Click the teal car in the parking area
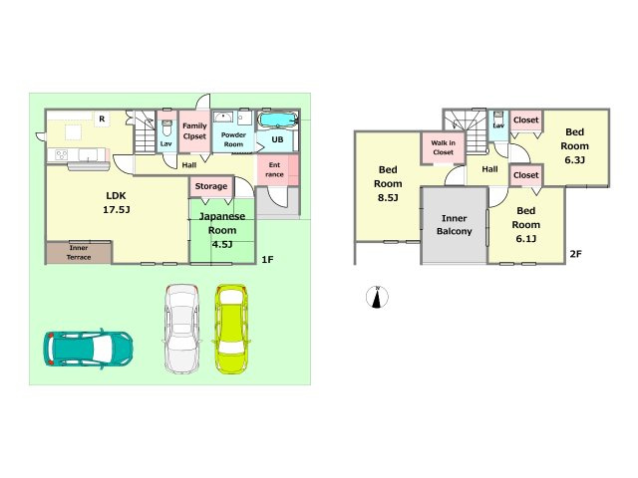pyautogui.click(x=88, y=349)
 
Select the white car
pyautogui.click(x=181, y=329)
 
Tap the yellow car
pyautogui.click(x=230, y=329)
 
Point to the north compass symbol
pyautogui.click(x=377, y=297)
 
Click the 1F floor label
pyautogui.click(x=267, y=259)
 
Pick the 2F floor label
pyautogui.click(x=575, y=254)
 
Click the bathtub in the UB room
pyautogui.click(x=278, y=119)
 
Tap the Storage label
pyautogui.click(x=210, y=186)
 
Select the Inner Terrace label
pyautogui.click(x=79, y=252)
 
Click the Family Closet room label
pyautogui.click(x=194, y=130)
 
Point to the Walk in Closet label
pyautogui.click(x=443, y=147)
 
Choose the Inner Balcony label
pyautogui.click(x=455, y=225)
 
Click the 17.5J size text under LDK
pyautogui.click(x=117, y=210)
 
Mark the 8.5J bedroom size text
pyautogui.click(x=388, y=198)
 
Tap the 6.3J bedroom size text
pyautogui.click(x=574, y=159)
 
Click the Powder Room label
pyautogui.click(x=233, y=139)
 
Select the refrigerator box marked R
pyautogui.click(x=102, y=119)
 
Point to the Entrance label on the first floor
pyautogui.click(x=275, y=169)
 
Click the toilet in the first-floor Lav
pyautogui.click(x=166, y=128)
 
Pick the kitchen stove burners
pyautogui.click(x=62, y=155)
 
